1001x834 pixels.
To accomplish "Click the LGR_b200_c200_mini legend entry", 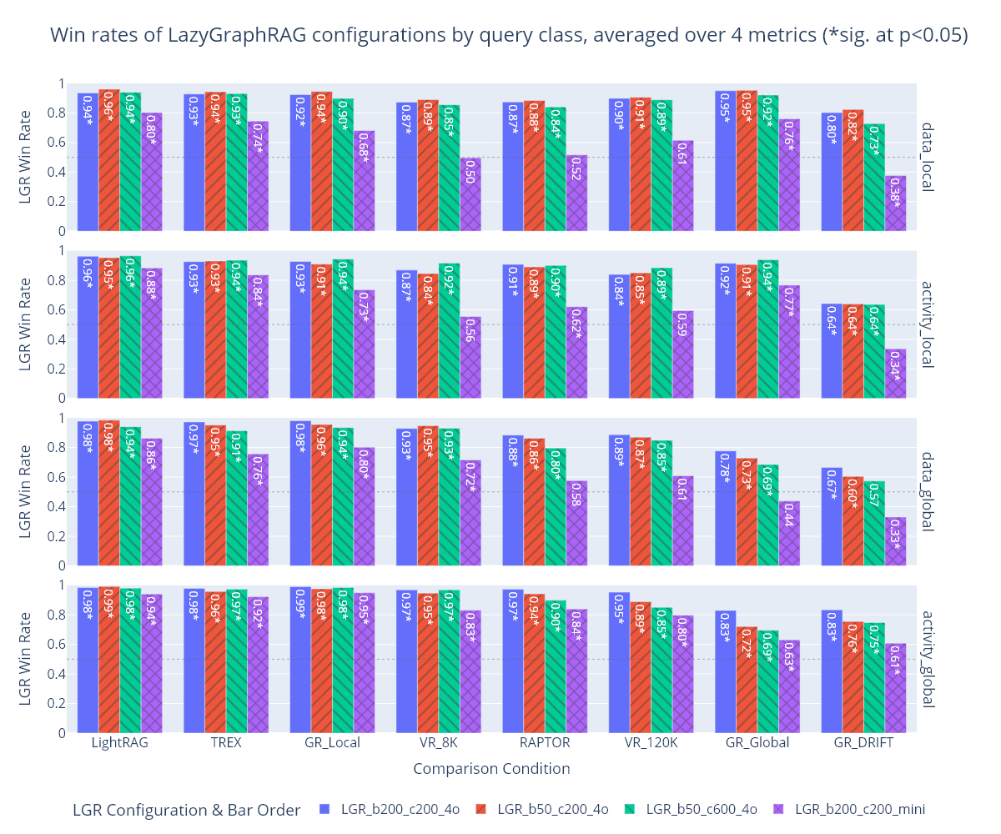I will (859, 809).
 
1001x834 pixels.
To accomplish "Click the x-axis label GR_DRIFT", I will (863, 743).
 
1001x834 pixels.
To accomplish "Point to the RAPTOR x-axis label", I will (545, 743).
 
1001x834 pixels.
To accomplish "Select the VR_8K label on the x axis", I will (438, 743).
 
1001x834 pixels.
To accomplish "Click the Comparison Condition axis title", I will (491, 769).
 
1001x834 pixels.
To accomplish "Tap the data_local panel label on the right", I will (928, 158).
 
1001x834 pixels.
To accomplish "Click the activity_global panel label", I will (928, 659).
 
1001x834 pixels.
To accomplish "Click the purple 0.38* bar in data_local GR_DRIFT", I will (895, 203).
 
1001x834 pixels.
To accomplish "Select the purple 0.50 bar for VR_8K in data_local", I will (470, 194).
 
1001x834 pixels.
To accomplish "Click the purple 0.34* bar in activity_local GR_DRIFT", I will (895, 373).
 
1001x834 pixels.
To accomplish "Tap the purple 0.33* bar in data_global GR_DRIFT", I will (895, 541).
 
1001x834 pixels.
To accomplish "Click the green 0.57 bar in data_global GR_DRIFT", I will (874, 523).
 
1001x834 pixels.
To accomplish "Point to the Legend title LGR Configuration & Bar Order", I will (186, 810).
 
